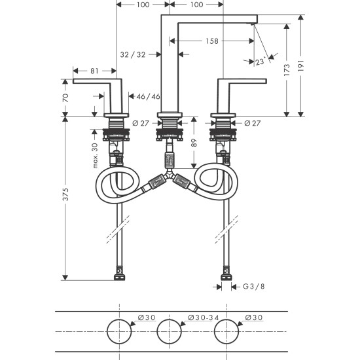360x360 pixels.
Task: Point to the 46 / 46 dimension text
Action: point(148,97)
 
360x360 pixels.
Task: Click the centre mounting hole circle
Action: point(169,331)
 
